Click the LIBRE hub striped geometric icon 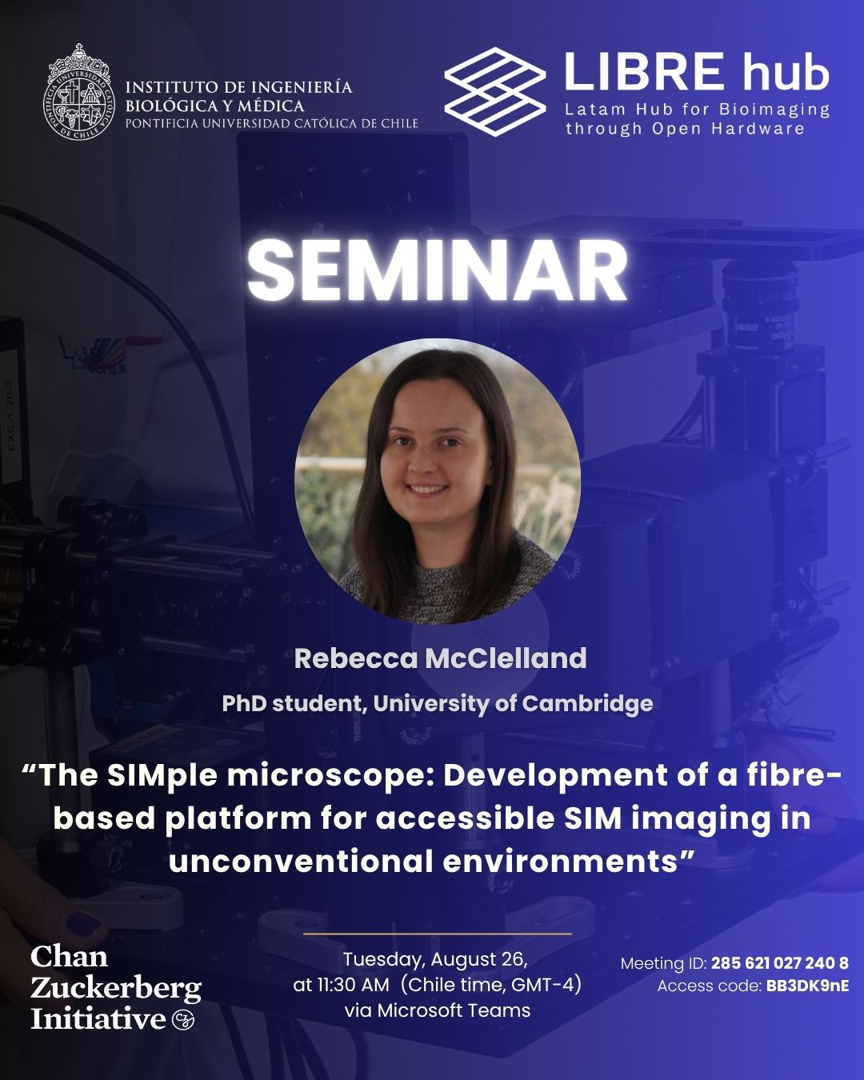[x=495, y=92]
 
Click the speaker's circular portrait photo [x=438, y=482]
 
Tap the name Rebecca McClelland [x=440, y=658]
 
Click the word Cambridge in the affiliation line [x=587, y=704]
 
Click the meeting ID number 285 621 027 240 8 [x=780, y=963]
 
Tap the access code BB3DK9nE [x=807, y=986]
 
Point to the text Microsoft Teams [x=454, y=1010]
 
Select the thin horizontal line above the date [x=438, y=934]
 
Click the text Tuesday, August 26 [x=435, y=960]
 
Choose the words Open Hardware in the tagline [x=728, y=129]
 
